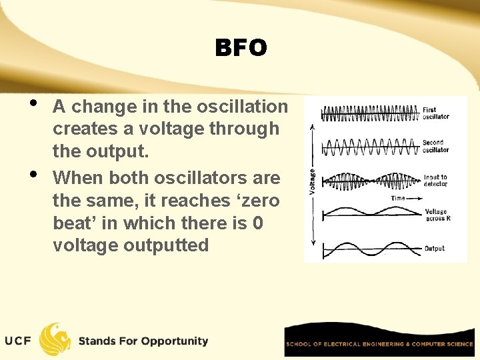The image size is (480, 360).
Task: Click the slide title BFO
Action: (241, 48)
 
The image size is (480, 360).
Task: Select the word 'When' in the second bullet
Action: (77, 178)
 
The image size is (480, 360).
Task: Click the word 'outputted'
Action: (166, 245)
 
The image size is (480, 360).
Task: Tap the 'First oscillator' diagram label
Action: (435, 113)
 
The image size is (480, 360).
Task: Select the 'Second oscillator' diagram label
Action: (435, 146)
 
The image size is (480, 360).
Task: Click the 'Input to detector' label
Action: (435, 181)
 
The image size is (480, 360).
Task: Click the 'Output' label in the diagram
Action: (434, 249)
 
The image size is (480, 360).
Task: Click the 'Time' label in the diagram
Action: (397, 198)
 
